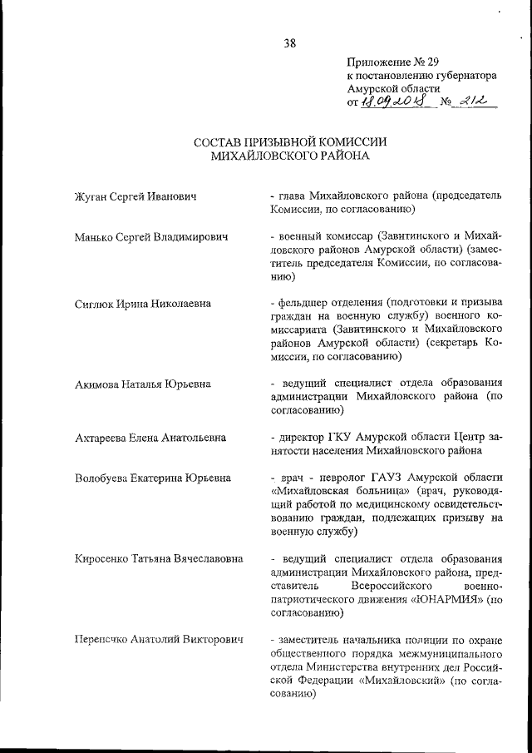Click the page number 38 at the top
(x=289, y=42)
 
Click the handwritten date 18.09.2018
(x=387, y=102)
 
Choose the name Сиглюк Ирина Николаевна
(x=141, y=304)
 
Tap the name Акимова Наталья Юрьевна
(x=141, y=384)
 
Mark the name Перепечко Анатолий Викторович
(x=158, y=638)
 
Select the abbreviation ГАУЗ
(x=401, y=478)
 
